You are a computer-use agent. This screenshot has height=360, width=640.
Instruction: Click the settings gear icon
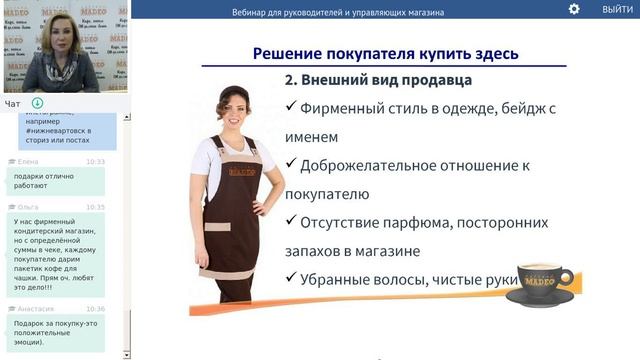tap(574, 9)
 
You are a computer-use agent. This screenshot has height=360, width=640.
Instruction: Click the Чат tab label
tap(12, 103)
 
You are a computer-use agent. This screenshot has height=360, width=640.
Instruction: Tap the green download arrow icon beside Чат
tap(37, 103)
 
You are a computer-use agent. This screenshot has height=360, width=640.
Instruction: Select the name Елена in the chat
tap(27, 161)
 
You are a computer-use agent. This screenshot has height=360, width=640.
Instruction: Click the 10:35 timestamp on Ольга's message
tap(95, 207)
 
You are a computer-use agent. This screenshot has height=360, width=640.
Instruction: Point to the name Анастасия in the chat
tap(35, 309)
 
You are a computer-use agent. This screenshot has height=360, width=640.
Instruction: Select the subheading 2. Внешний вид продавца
tap(378, 80)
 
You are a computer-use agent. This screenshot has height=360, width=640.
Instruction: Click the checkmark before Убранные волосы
tap(291, 279)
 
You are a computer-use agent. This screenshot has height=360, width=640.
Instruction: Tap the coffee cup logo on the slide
tap(539, 284)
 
